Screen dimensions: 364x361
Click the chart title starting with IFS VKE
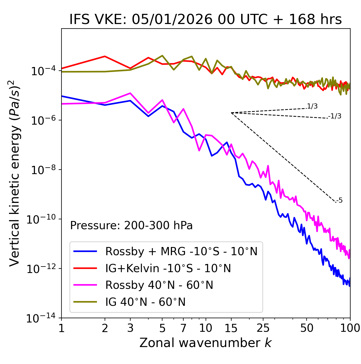206,20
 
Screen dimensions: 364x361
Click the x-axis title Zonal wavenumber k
206,343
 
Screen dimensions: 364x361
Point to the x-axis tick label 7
183,328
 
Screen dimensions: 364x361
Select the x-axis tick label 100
350,328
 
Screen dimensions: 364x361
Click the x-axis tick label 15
231,328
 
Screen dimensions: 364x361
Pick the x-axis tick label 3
130,328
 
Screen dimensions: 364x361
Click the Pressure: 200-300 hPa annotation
131,226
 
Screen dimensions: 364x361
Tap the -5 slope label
340,201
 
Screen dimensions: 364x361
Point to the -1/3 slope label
335,116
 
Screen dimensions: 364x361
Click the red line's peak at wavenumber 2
105,56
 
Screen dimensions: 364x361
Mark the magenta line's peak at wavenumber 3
130,93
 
